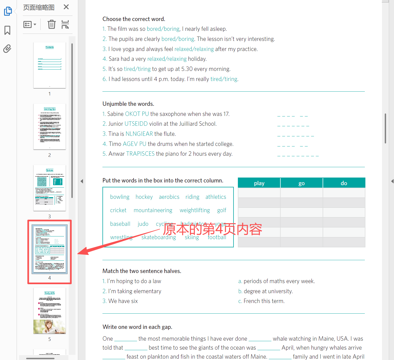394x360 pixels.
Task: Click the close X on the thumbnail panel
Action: (66, 7)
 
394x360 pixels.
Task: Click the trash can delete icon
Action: (51, 25)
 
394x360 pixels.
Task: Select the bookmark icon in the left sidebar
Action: (7, 30)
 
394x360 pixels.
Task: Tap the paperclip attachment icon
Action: (7, 49)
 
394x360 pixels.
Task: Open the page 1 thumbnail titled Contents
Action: (50, 65)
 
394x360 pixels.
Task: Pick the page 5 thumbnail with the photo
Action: (50, 311)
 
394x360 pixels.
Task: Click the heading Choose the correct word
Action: (134, 19)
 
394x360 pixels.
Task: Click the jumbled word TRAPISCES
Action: (140, 154)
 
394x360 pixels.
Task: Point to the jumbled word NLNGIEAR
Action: (139, 134)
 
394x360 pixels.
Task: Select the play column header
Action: (259, 183)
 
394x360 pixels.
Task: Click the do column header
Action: (344, 183)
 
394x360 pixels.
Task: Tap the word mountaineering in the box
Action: (153, 210)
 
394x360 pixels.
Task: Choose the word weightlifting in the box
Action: (195, 210)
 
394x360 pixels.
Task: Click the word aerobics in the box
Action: (169, 197)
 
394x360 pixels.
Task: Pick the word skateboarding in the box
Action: (159, 237)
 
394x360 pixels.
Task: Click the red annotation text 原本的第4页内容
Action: (213, 229)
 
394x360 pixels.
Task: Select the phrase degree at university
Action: (268, 291)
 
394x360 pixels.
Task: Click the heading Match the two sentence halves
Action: (142, 271)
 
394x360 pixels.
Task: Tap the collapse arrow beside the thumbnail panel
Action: (82, 181)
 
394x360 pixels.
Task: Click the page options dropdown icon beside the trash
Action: (30, 25)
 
